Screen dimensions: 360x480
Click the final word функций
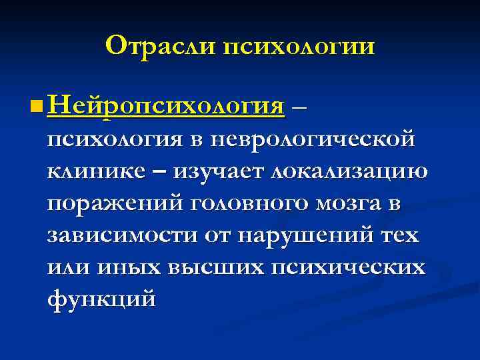(102, 299)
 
